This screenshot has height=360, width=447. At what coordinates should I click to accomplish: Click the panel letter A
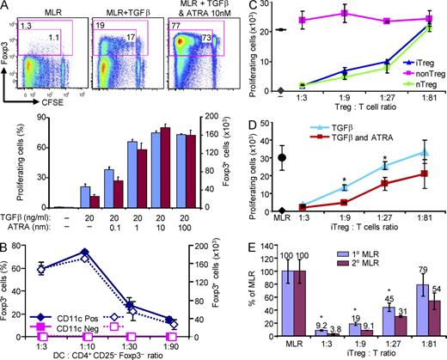tap(7, 8)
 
